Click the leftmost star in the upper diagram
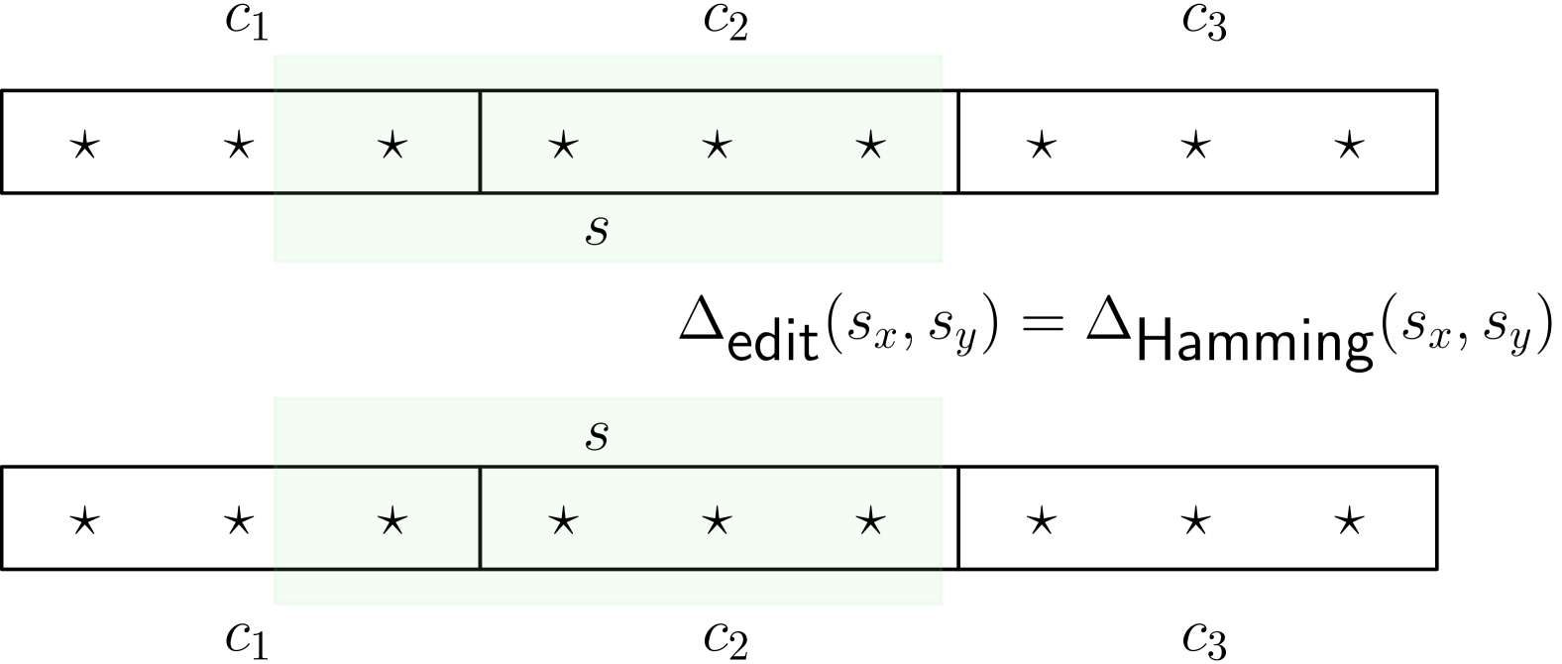click(392, 147)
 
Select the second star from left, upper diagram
click(563, 147)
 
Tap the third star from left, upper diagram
click(717, 147)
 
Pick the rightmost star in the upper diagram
click(870, 147)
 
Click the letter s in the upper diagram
click(597, 230)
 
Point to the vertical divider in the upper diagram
click(481, 142)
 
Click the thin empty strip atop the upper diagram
click(608, 71)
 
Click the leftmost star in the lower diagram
click(392, 521)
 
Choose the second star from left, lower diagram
click(563, 521)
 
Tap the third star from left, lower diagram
click(717, 521)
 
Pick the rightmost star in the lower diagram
click(870, 521)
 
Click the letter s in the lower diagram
click(597, 435)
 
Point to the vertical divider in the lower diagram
click(481, 517)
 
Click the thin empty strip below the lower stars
click(608, 588)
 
